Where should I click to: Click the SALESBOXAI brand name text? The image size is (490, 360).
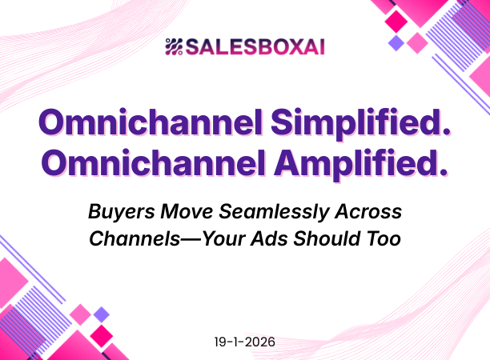255,48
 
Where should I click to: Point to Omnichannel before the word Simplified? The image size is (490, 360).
150,122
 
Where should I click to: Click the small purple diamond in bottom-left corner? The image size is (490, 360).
102,314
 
